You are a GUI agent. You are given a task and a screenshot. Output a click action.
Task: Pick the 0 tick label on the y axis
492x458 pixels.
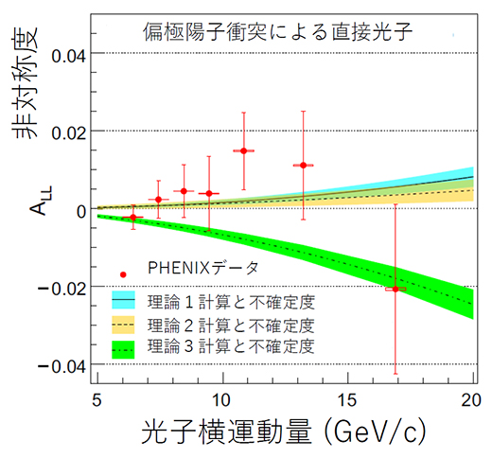click(81, 209)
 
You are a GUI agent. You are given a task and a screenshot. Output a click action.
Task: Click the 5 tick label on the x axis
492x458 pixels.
click(97, 398)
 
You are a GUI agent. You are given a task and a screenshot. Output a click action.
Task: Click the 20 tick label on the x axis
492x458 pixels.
click(470, 398)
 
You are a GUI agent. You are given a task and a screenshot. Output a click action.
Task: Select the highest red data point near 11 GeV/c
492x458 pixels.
click(244, 150)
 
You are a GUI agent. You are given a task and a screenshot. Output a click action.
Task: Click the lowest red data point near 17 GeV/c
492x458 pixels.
click(395, 289)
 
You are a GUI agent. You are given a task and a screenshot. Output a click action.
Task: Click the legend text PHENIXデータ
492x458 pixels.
click(202, 269)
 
